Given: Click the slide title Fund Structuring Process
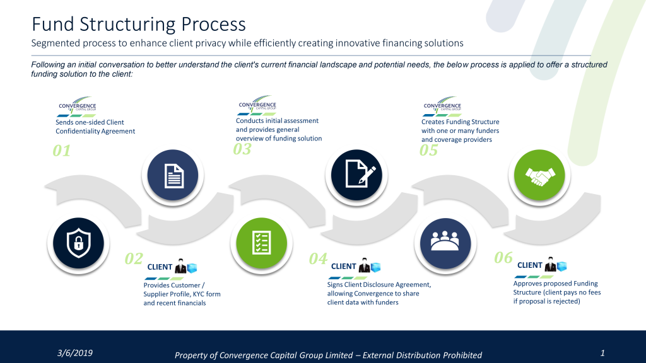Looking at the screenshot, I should coord(139,25).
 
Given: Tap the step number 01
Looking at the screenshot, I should coord(62,151).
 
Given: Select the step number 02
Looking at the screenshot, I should coord(134,258).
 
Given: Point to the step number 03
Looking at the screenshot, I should coord(242,149).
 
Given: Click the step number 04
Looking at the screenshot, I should coord(318,258).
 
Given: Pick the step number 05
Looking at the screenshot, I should coord(428,151).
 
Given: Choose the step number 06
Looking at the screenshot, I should coord(503,257).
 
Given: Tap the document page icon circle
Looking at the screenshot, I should coord(173,175).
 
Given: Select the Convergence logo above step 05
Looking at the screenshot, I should coord(442,105).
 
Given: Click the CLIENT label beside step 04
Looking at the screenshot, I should coord(344,267).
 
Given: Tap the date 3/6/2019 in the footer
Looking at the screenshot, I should coord(75,353).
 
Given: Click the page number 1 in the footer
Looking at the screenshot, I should coord(602,353).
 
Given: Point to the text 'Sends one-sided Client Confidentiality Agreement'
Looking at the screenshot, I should coord(95,127).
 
